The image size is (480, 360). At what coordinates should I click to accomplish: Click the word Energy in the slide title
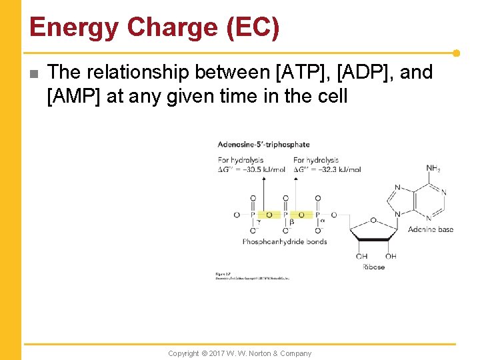[x=74, y=28]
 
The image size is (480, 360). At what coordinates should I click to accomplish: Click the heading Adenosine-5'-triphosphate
[x=263, y=144]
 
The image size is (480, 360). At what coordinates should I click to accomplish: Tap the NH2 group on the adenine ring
[x=433, y=169]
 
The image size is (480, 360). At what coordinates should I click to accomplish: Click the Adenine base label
[x=430, y=229]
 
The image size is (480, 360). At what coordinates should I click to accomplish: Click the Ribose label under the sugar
[x=373, y=267]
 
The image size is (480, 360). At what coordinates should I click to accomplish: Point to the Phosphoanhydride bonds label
[x=285, y=241]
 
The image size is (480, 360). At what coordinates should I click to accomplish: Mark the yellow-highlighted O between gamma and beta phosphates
[x=269, y=215]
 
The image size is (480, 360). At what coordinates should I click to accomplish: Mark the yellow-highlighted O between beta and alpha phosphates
[x=301, y=215]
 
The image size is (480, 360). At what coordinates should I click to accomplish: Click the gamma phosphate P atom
[x=253, y=215]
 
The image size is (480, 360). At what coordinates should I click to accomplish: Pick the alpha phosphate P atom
[x=317, y=215]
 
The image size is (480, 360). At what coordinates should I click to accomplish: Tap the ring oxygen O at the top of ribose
[x=373, y=220]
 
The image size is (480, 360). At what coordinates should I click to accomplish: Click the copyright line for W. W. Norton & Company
[x=239, y=353]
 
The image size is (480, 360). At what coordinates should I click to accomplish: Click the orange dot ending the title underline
[x=456, y=53]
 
